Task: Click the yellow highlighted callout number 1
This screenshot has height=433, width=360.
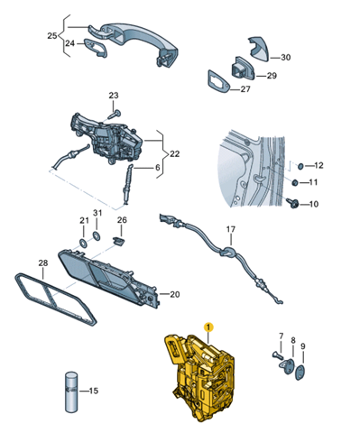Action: coord(208,327)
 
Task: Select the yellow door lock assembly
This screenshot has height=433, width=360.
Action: coord(200,380)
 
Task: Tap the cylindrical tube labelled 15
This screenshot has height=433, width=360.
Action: coord(71,392)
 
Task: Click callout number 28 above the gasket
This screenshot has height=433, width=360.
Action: coord(43,263)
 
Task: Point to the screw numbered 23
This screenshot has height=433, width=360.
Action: coord(114,115)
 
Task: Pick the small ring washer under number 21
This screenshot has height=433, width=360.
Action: coord(83,243)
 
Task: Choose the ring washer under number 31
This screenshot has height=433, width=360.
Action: coord(97,235)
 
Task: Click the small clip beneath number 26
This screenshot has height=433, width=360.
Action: coord(119,241)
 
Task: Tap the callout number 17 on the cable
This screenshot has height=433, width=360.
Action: coord(231,229)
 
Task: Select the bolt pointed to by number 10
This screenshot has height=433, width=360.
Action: coord(294,203)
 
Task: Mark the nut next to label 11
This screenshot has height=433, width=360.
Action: coord(295,182)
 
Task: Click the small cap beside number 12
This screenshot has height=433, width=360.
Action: coord(300,165)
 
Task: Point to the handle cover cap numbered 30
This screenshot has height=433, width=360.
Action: coord(259,49)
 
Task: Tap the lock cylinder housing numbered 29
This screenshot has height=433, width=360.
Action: coord(243,68)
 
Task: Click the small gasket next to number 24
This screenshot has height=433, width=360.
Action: coord(96,48)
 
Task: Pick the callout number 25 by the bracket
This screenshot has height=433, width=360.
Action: coord(52,36)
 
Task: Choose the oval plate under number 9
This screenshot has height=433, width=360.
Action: coord(300,372)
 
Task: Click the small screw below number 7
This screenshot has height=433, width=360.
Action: coord(278,355)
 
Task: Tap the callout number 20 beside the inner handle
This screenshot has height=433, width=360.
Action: coord(175,294)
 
